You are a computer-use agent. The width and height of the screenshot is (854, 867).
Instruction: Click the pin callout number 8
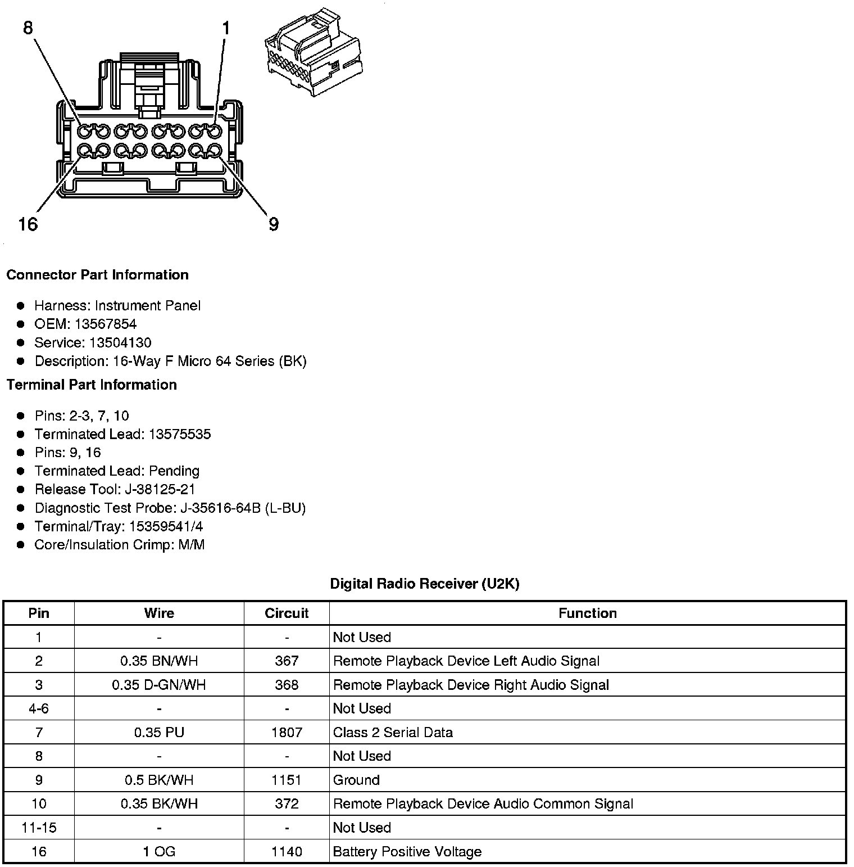pos(28,28)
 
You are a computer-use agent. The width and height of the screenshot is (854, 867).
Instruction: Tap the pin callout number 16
pos(28,224)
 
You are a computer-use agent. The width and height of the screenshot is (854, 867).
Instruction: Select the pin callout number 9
pos(274,224)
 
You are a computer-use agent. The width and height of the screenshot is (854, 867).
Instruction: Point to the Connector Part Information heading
pos(97,275)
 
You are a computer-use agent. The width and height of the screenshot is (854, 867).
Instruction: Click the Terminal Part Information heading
pos(92,385)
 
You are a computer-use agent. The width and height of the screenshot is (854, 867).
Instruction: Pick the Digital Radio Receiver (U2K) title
pos(425,584)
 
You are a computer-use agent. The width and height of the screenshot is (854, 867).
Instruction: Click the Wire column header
pos(159,613)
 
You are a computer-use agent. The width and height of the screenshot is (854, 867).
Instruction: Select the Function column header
pos(588,613)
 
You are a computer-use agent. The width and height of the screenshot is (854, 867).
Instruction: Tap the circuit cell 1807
pos(287,732)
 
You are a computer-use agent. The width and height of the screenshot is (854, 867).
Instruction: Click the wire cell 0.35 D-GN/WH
pos(159,685)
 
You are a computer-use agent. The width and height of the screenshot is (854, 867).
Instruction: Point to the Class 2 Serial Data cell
pos(393,732)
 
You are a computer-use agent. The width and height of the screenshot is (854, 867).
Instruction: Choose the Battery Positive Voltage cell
pos(407,851)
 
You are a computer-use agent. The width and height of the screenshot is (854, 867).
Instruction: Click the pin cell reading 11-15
pos(39,828)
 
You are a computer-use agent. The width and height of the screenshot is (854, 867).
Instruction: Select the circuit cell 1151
pos(287,780)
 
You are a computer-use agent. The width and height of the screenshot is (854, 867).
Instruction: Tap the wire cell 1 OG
pos(159,851)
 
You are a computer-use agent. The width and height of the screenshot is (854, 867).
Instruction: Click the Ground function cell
pos(356,780)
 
